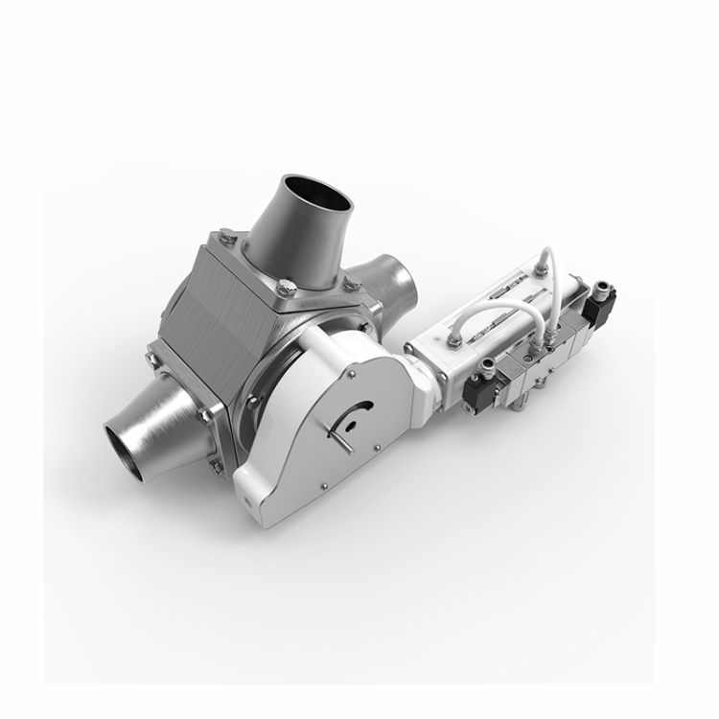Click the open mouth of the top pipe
pyautogui.click(x=317, y=197)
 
